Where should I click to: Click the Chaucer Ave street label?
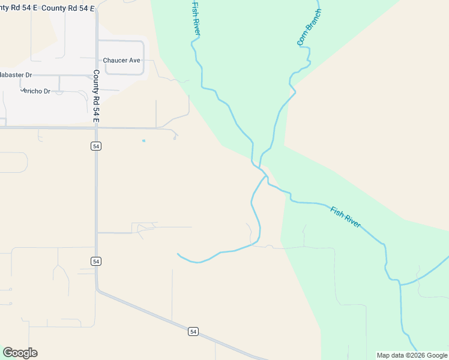pyautogui.click(x=121, y=61)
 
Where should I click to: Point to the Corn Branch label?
pyautogui.click(x=309, y=28)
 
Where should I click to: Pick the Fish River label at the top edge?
pyautogui.click(x=196, y=17)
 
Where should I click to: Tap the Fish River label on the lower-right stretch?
pyautogui.click(x=345, y=217)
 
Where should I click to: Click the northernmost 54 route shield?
pyautogui.click(x=96, y=146)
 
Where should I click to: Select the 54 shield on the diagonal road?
pyautogui.click(x=193, y=331)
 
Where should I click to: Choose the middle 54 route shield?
pyautogui.click(x=96, y=261)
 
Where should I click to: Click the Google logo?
pyautogui.click(x=20, y=353)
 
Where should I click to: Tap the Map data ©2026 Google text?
pyautogui.click(x=412, y=355)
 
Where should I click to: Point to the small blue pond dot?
pyautogui.click(x=143, y=141)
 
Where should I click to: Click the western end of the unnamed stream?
pyautogui.click(x=178, y=254)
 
